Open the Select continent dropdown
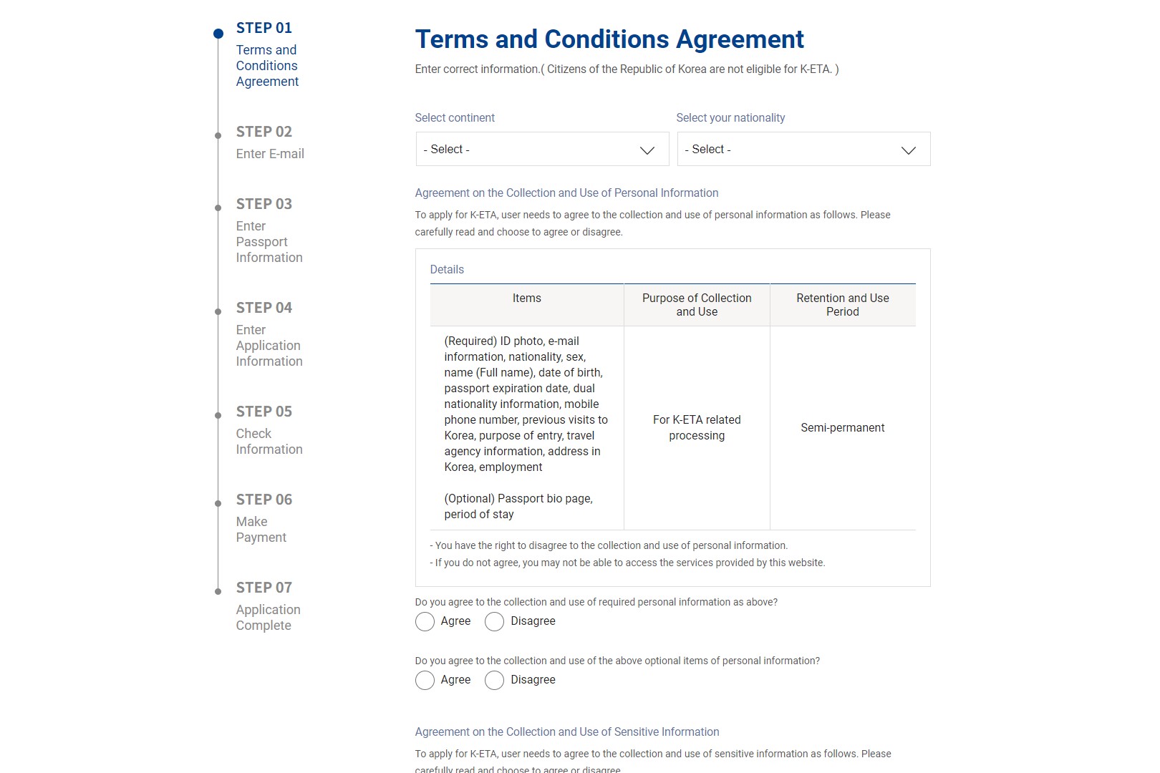pyautogui.click(x=542, y=150)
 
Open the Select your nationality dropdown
pyautogui.click(x=803, y=150)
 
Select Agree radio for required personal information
pyautogui.click(x=425, y=622)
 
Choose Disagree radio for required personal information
pyautogui.click(x=494, y=622)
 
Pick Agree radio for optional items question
pyautogui.click(x=425, y=681)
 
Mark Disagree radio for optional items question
pyautogui.click(x=494, y=681)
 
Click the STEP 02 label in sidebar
pyautogui.click(x=264, y=132)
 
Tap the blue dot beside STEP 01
pyautogui.click(x=218, y=34)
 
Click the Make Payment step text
pyautogui.click(x=261, y=530)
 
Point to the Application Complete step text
pyautogui.click(x=268, y=617)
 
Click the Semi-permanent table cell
pyautogui.click(x=842, y=428)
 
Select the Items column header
pyautogui.click(x=526, y=298)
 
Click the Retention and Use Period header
pyautogui.click(x=842, y=305)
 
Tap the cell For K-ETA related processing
pyautogui.click(x=697, y=428)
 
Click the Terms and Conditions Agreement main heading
pyautogui.click(x=609, y=39)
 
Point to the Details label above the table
pyautogui.click(x=447, y=270)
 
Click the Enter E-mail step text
pyautogui.click(x=270, y=154)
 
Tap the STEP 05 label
pyautogui.click(x=264, y=412)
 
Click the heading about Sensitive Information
pyautogui.click(x=567, y=732)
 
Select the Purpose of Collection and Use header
pyautogui.click(x=697, y=305)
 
